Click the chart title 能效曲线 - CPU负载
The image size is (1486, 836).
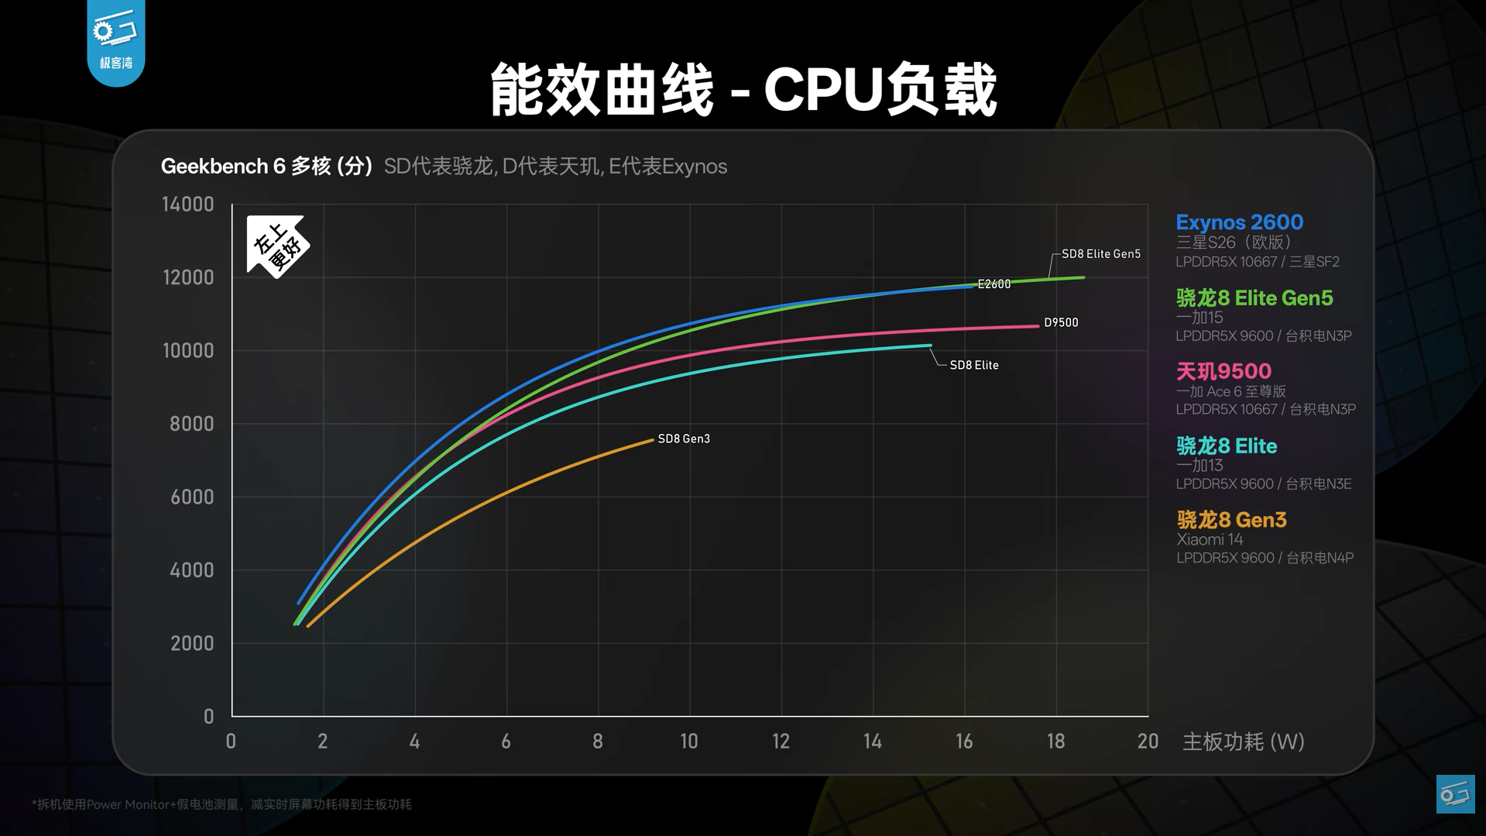(743, 90)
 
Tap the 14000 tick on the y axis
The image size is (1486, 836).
(187, 205)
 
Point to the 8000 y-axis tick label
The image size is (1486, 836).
(191, 424)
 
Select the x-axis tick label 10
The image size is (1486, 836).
(689, 741)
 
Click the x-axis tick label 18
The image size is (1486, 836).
(1055, 741)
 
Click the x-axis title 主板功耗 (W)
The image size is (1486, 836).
(1243, 741)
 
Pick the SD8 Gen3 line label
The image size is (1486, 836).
(684, 439)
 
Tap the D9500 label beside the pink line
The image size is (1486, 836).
(1061, 322)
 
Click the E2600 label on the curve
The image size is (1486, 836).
(994, 284)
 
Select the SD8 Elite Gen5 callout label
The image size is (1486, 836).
(1101, 254)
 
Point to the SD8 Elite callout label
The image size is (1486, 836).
(974, 365)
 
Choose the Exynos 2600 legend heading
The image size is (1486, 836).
(1239, 222)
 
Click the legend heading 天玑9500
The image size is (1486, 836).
(1223, 371)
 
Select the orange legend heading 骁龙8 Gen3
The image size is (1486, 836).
(1231, 519)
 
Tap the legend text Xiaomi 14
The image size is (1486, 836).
(1210, 539)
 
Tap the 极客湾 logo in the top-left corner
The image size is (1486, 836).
(116, 43)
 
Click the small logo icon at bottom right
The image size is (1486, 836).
(1456, 793)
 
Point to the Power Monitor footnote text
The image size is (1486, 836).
(221, 804)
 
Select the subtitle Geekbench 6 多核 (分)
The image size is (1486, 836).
(266, 167)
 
